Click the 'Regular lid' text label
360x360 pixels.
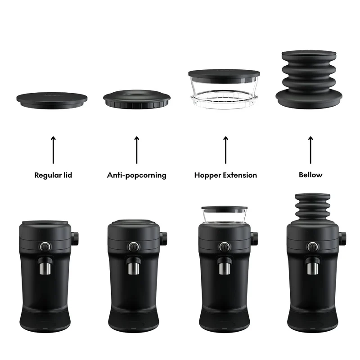coord(53,175)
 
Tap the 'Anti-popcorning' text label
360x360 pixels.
coord(137,175)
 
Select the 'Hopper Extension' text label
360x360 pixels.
coord(226,175)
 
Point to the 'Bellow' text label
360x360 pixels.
coord(310,175)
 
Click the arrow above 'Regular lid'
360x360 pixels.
coord(53,150)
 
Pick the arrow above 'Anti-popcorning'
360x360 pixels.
coord(137,150)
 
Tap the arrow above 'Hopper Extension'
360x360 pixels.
coord(226,150)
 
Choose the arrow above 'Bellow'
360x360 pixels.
coord(310,150)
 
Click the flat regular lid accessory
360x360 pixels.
coord(52,100)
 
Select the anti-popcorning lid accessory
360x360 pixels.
coord(137,99)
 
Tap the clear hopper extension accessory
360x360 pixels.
coord(224,89)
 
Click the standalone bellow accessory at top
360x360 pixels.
coord(309,80)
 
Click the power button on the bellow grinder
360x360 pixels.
coord(312,247)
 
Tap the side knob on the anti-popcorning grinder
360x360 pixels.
coord(163,238)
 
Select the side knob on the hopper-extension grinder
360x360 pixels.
coord(254,238)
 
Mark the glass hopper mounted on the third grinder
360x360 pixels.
coord(224,215)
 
